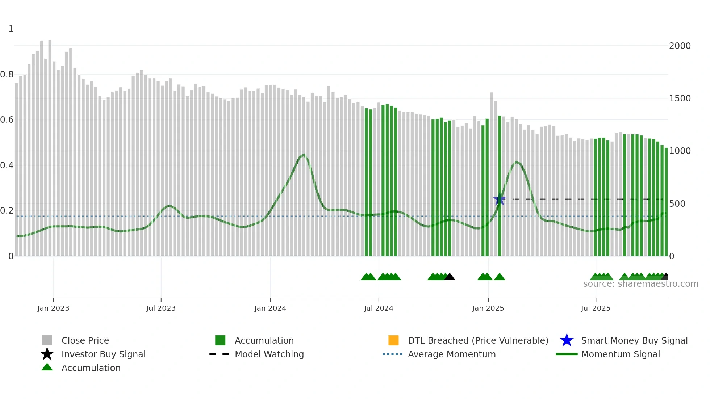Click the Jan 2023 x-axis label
click(x=53, y=308)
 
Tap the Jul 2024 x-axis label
click(x=379, y=308)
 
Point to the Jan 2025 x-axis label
click(x=488, y=308)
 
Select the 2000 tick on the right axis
click(x=680, y=46)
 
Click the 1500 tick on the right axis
click(x=680, y=98)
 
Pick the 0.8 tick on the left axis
click(x=7, y=75)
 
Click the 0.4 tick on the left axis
click(x=7, y=165)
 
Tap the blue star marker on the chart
click(x=499, y=199)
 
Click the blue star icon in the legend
click(x=567, y=340)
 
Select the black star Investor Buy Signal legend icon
click(x=47, y=354)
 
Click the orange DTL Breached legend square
click(x=393, y=340)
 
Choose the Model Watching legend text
click(x=269, y=354)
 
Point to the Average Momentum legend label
click(x=452, y=354)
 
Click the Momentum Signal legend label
click(x=621, y=354)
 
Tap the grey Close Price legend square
click(x=47, y=340)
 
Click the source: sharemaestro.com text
click(x=640, y=284)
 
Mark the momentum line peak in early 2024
click(x=304, y=155)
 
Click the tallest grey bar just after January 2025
click(x=491, y=174)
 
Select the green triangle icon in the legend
click(x=47, y=367)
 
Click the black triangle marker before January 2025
click(x=450, y=277)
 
